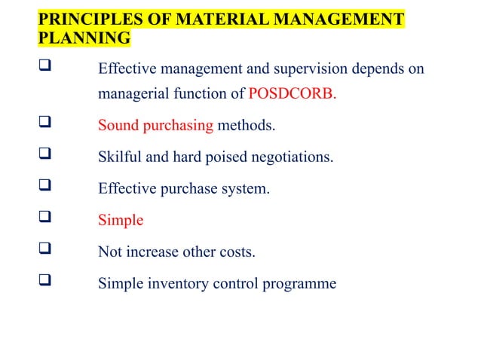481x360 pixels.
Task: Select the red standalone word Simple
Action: pos(121,221)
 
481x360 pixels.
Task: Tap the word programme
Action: pos(301,284)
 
